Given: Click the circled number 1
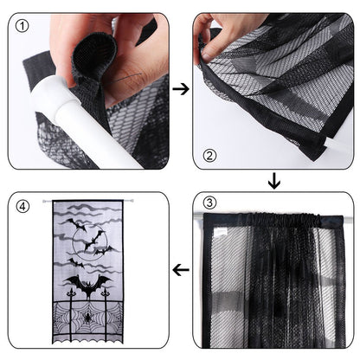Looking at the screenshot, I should [x=23, y=24].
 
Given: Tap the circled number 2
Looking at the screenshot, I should [x=209, y=157].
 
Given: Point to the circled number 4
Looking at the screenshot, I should [x=23, y=205].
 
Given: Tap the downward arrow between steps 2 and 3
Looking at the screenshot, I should [x=274, y=181].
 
